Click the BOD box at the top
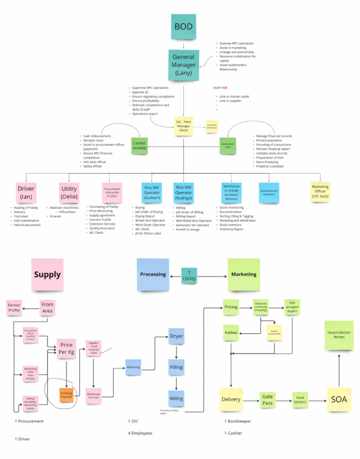tap(183, 27)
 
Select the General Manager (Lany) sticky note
tap(183, 65)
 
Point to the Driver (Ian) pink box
tap(26, 192)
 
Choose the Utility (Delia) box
tap(69, 192)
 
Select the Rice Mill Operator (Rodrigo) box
tap(183, 192)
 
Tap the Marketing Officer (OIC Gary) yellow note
tap(320, 192)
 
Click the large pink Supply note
tap(47, 274)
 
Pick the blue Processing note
tap(153, 274)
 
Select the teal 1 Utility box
tap(189, 276)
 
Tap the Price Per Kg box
tap(67, 348)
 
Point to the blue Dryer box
tap(176, 337)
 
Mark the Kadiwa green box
tap(232, 333)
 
